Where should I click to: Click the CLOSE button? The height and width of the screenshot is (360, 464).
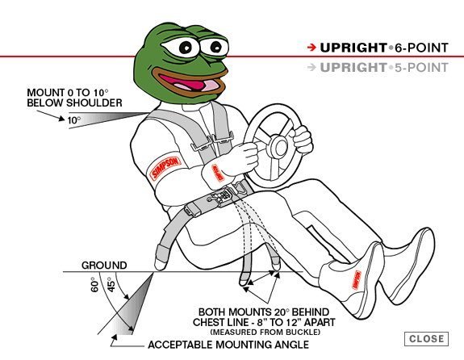click(x=426, y=339)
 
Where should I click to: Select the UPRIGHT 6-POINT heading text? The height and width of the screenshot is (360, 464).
click(x=384, y=48)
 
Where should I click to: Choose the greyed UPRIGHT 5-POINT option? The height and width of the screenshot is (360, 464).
click(x=384, y=68)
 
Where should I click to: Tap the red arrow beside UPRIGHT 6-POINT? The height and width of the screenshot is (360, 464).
click(x=311, y=48)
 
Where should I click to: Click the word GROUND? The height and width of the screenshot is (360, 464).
click(x=104, y=265)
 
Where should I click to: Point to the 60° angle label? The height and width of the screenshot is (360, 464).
click(x=94, y=284)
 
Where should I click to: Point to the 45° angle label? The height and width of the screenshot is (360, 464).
click(x=111, y=284)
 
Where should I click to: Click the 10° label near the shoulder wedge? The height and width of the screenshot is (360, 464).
click(x=74, y=120)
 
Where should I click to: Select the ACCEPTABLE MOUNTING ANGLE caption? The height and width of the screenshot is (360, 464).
click(x=228, y=345)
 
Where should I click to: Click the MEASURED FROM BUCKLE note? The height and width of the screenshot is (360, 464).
click(x=265, y=332)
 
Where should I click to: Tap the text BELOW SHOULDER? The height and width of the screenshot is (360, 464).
click(x=74, y=103)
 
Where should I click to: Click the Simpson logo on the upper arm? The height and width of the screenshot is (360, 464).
click(x=165, y=168)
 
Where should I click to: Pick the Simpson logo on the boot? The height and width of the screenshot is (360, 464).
click(x=357, y=280)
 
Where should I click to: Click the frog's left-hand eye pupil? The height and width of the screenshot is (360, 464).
click(x=186, y=47)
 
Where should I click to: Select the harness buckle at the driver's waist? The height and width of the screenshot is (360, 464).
click(x=222, y=196)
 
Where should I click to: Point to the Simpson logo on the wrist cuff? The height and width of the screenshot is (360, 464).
click(x=218, y=173)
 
